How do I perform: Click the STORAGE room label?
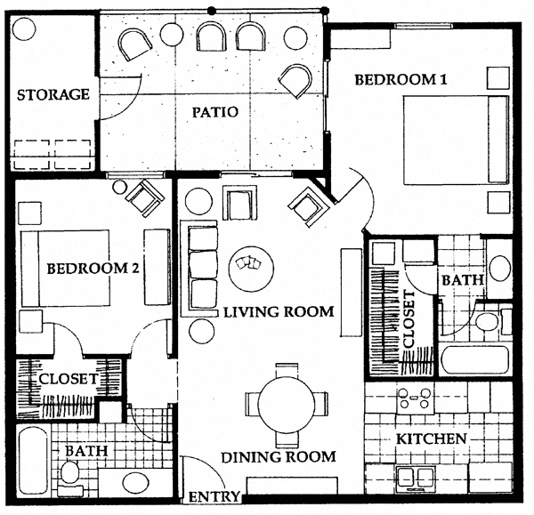[x=53, y=94]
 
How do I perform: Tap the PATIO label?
[x=214, y=112]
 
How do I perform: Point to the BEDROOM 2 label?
[x=92, y=268]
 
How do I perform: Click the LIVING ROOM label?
[x=278, y=312]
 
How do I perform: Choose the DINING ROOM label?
[x=279, y=457]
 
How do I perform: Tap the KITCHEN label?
[x=432, y=439]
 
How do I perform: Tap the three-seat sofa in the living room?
[x=204, y=267]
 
